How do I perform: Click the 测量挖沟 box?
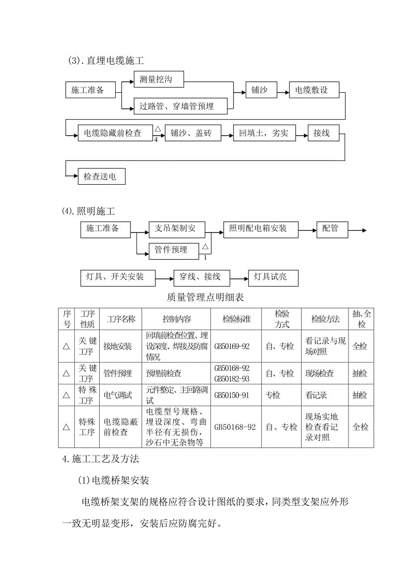[159, 80]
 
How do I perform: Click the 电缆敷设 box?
[314, 91]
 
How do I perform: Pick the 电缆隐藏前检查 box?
[115, 133]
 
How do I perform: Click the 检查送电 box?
[101, 177]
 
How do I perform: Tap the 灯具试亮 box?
[273, 277]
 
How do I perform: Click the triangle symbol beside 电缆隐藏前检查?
[157, 129]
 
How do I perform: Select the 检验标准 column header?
[236, 319]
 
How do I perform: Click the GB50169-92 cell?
[236, 346]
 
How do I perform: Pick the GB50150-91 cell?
[236, 395]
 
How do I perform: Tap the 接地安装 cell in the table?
[117, 346]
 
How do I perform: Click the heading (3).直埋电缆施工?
[105, 61]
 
